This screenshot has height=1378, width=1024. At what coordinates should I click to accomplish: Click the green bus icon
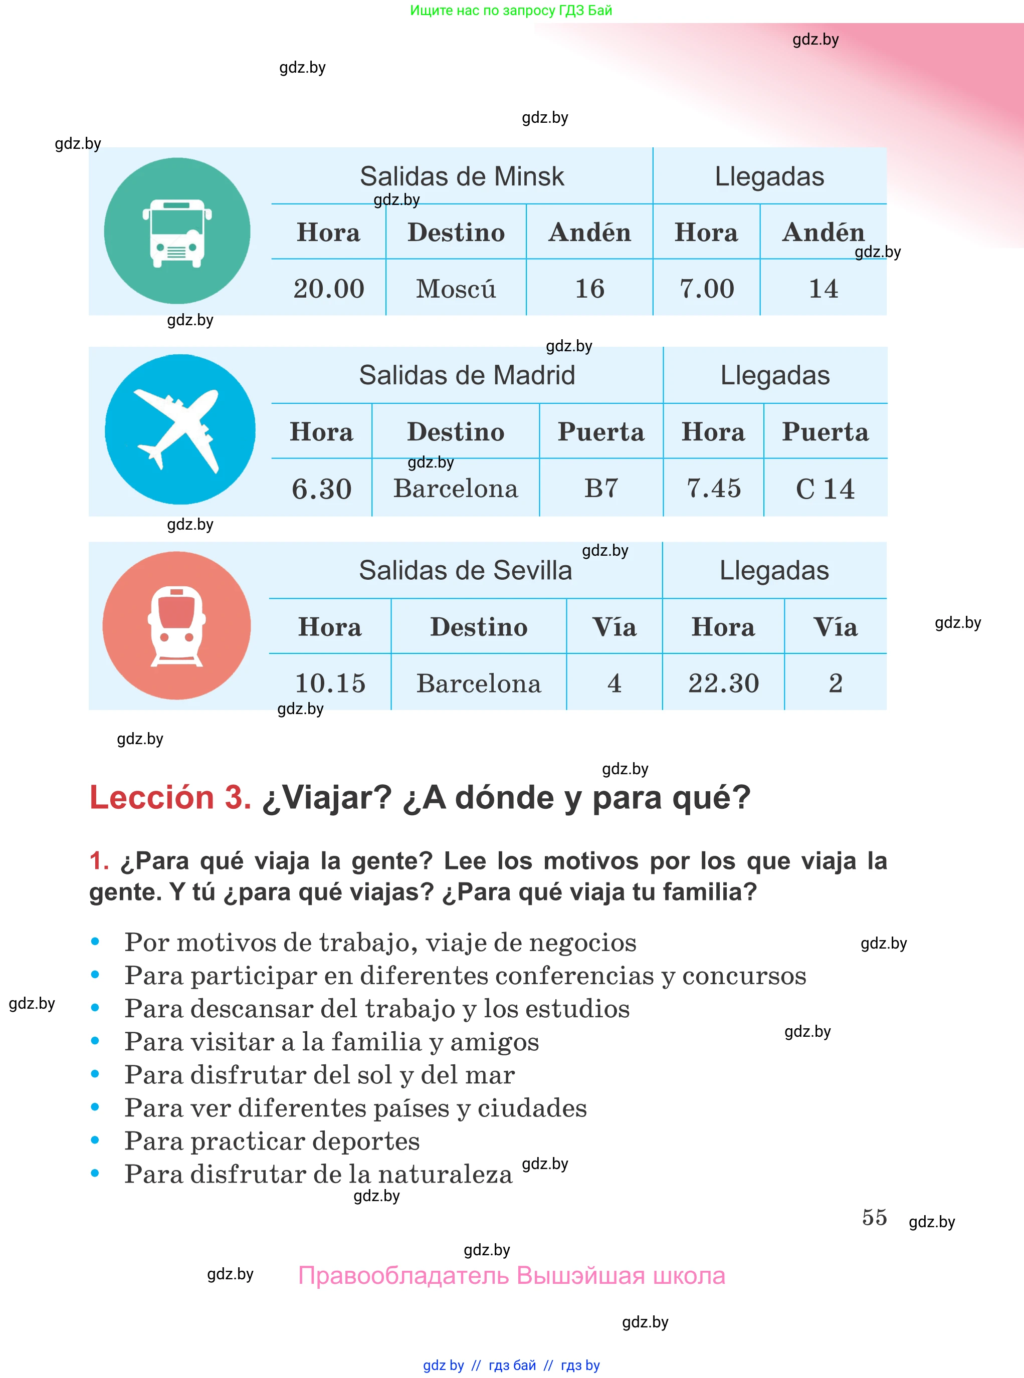click(177, 231)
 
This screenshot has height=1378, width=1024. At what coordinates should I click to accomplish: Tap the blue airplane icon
click(180, 429)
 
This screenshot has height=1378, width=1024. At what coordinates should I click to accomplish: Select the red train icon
click(176, 626)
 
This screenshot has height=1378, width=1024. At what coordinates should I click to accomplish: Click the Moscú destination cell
click(456, 289)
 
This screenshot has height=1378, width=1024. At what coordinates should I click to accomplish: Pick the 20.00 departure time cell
click(328, 289)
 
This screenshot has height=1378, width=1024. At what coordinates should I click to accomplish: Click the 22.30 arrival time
click(723, 683)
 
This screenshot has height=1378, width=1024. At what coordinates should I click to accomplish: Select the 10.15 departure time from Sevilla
click(330, 683)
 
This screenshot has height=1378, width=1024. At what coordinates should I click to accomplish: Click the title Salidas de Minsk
click(462, 176)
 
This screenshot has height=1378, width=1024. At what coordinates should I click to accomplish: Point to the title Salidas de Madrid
click(467, 375)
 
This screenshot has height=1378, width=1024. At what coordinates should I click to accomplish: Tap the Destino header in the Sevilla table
click(479, 627)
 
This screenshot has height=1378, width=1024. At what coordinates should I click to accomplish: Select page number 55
click(874, 1217)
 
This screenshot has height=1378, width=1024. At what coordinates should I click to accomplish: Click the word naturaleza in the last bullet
click(445, 1174)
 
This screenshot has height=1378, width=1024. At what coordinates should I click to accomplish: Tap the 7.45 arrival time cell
click(713, 488)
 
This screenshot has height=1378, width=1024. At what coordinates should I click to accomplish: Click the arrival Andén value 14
click(823, 289)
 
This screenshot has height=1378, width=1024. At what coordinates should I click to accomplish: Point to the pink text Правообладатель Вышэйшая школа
click(511, 1275)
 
